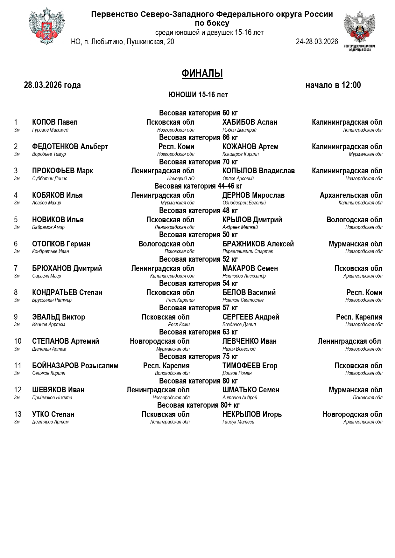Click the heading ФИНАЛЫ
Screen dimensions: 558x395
pos(202,74)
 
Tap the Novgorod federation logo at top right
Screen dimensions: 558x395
pos(359,29)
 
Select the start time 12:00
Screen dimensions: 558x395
pos(351,85)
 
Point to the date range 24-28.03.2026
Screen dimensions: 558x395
pos(317,42)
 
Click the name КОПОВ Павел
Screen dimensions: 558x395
pos(55,122)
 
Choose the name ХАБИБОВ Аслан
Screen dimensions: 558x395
pos(250,122)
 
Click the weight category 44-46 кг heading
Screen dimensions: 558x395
pos(198,186)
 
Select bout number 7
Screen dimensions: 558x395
pos(16,268)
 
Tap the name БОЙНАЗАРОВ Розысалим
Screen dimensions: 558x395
pos(75,366)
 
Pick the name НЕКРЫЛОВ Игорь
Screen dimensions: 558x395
pos(252,414)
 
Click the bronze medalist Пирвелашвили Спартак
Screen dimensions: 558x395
pos(247,251)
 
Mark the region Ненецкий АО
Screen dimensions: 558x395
pos(181,179)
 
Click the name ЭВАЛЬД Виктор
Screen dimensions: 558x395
pos(59,317)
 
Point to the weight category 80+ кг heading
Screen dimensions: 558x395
pos(198,405)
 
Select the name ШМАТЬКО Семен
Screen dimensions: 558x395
pos(250,390)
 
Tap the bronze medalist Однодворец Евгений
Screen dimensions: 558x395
pos(244,203)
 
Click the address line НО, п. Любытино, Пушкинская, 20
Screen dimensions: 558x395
pos(123,42)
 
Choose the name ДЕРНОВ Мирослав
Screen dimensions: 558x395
pos(253,195)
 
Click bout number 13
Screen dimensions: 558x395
pos(18,414)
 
